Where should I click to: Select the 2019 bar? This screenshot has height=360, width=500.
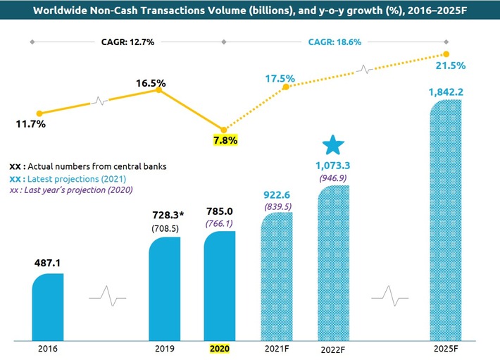[165, 285]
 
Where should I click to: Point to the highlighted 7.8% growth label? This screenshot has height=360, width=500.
[225, 140]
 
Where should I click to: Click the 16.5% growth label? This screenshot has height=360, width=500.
[151, 83]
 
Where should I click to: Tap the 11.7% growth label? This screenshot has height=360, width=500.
[30, 125]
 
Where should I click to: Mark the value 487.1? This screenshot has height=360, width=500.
[49, 262]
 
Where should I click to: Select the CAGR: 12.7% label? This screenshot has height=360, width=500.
[127, 42]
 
